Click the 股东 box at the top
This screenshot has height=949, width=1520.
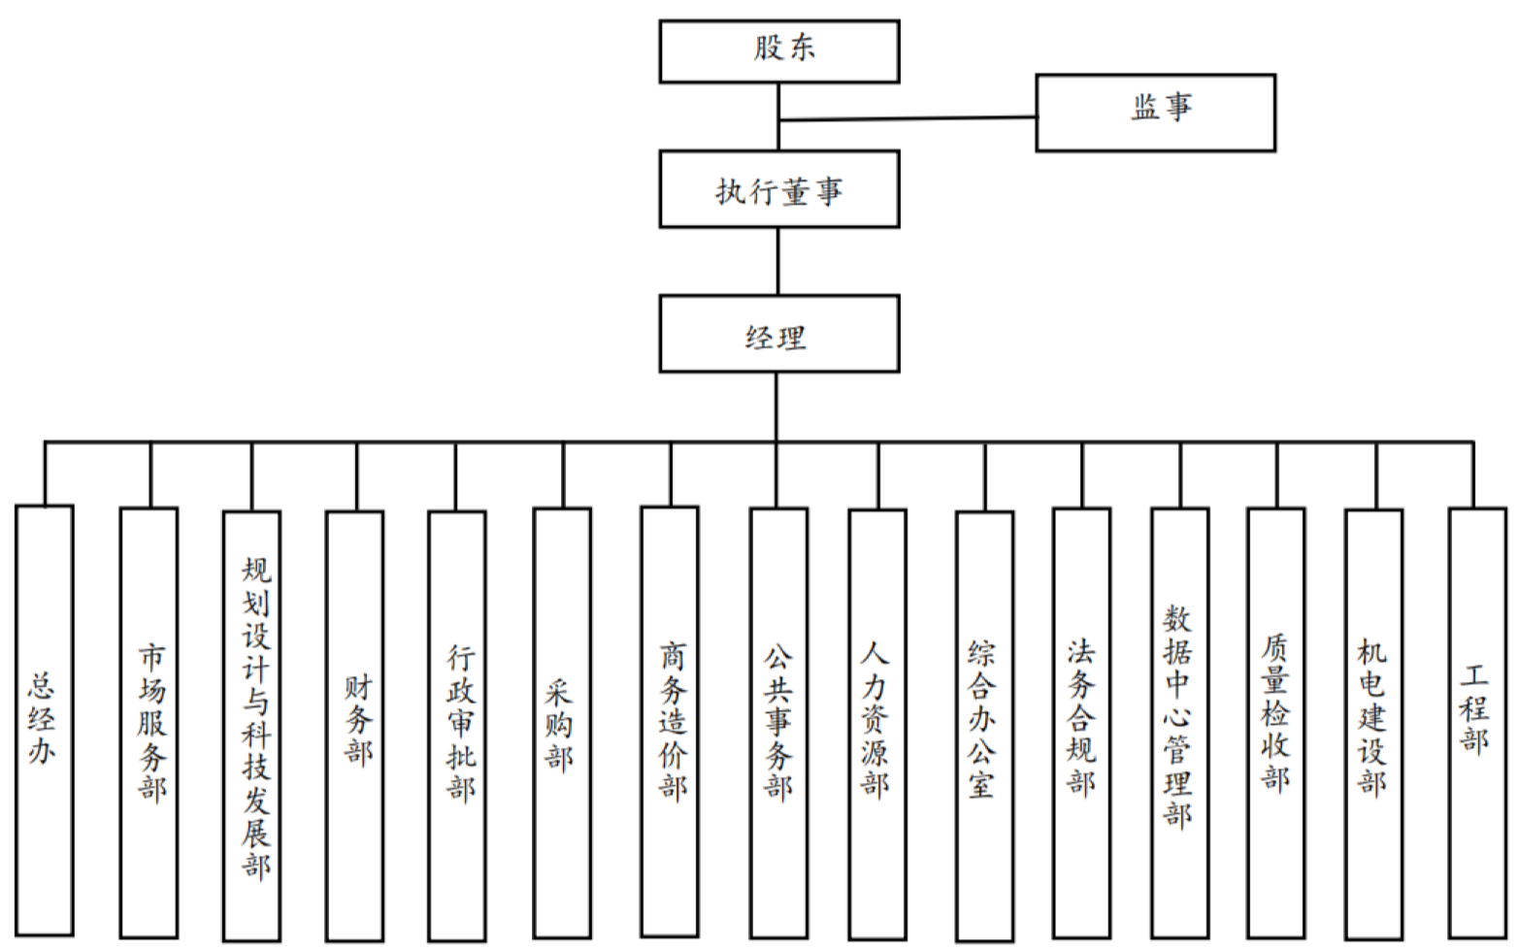coord(778,50)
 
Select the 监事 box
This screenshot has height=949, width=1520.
coord(1155,112)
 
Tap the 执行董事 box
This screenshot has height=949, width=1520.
coord(778,189)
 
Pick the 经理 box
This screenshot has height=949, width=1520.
coord(778,334)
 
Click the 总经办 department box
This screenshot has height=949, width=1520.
coord(45,720)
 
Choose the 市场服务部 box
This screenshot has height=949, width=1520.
coord(149,722)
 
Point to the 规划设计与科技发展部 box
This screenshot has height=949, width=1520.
coord(251,724)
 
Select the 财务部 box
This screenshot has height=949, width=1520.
coord(354,724)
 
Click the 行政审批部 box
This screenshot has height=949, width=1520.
coord(457,724)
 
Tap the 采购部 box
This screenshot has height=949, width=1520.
coord(562,722)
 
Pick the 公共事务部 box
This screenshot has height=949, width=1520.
coord(777,722)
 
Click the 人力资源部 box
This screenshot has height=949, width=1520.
coord(877,724)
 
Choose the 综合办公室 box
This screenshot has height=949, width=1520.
coord(984,724)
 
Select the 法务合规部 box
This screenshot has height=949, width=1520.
coord(1081,722)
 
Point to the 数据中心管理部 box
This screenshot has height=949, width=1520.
coord(1180,722)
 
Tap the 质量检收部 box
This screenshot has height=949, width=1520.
coord(1275,722)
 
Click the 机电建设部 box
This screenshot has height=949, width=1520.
coord(1373,724)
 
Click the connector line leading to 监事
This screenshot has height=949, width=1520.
coord(908,118)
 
